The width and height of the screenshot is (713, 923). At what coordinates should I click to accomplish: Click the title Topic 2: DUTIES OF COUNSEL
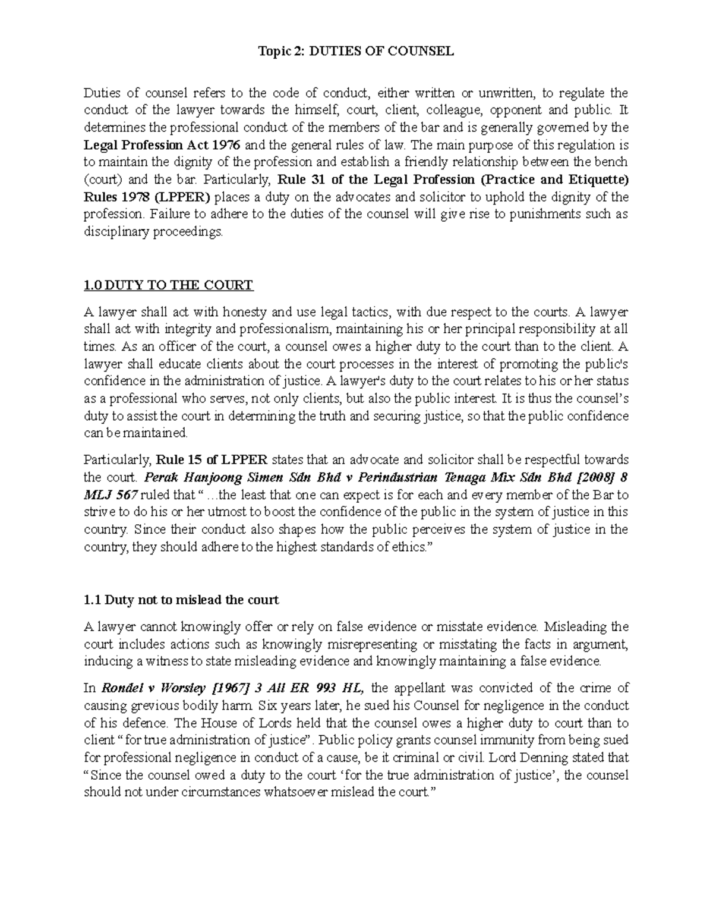[356, 51]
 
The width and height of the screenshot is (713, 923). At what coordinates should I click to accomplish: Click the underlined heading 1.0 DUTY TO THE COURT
[169, 285]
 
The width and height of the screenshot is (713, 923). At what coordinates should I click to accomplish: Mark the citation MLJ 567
[111, 494]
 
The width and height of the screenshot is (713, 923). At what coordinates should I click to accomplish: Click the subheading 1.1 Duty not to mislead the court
[181, 600]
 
